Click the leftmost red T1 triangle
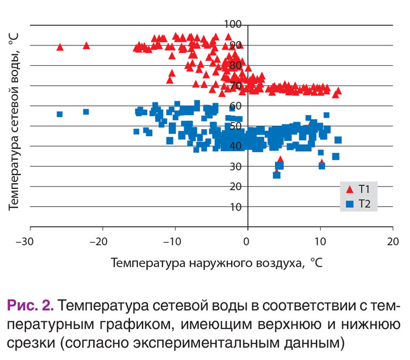point(60,47)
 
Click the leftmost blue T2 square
point(60,114)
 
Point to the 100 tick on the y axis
point(234,24)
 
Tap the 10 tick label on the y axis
point(237,207)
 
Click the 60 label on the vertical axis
point(237,105)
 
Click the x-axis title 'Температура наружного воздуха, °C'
point(217,263)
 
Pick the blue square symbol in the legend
point(350,204)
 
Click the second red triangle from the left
point(86,45)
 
